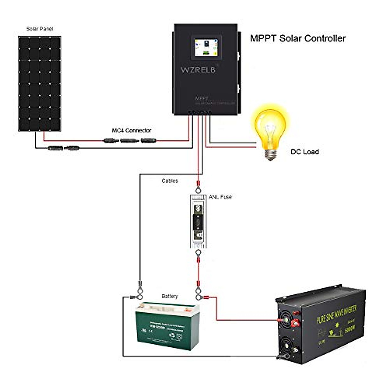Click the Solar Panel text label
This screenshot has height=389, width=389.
click(x=40, y=29)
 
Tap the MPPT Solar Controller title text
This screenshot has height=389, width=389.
click(x=298, y=38)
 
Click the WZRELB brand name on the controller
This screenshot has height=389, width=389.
click(x=198, y=70)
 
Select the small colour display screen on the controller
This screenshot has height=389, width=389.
click(x=206, y=47)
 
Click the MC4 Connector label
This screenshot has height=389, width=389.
click(x=131, y=130)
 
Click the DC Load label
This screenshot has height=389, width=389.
click(x=304, y=152)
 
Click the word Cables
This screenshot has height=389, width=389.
click(x=170, y=181)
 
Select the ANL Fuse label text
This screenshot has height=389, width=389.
click(x=220, y=197)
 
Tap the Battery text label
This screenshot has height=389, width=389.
click(x=170, y=296)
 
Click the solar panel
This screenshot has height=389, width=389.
click(x=40, y=84)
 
